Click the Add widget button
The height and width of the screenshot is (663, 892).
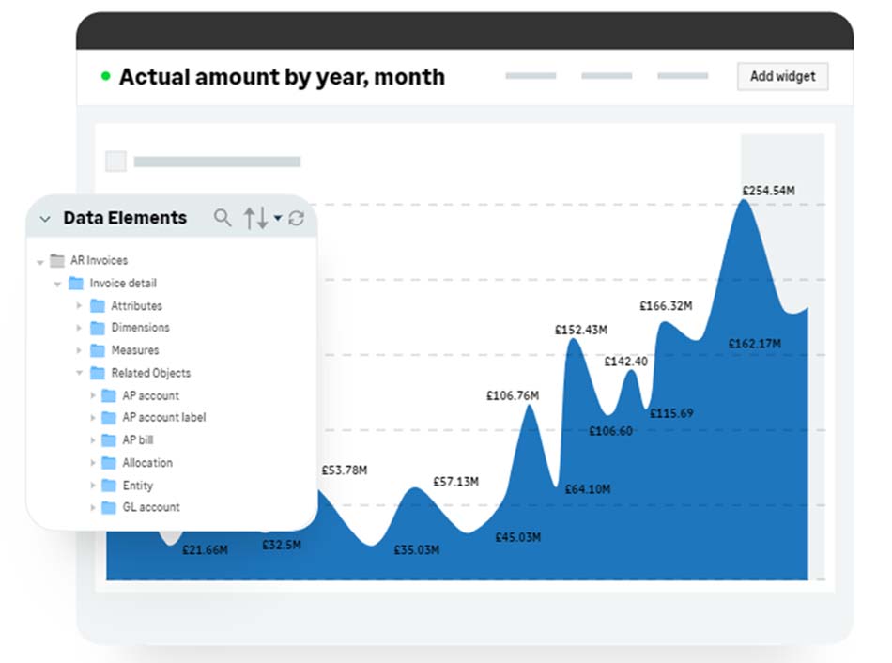(782, 76)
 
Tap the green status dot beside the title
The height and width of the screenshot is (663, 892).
(105, 76)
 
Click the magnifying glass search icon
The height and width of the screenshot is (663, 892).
(223, 218)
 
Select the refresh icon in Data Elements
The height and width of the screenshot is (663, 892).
(297, 218)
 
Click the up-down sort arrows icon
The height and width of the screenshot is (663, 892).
(256, 218)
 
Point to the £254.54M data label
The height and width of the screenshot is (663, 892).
(769, 191)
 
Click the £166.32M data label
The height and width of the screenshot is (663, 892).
(666, 306)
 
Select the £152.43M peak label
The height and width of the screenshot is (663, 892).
(581, 330)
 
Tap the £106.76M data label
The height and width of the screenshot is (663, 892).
(513, 395)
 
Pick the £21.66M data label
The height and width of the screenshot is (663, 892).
(205, 549)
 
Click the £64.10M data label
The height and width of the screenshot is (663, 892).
(588, 489)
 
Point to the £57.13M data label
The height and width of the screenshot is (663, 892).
(455, 482)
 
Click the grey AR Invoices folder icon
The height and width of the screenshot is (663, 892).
(57, 261)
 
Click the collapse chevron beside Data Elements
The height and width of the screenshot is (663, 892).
(45, 219)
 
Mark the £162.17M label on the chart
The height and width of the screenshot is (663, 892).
(755, 344)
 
